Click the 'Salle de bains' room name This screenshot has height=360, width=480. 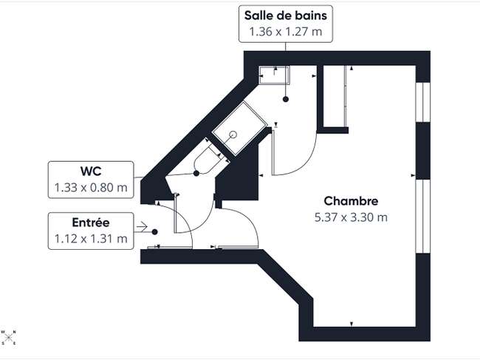click(x=285, y=16)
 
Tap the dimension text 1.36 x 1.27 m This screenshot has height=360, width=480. click(x=285, y=32)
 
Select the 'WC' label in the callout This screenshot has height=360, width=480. click(x=91, y=171)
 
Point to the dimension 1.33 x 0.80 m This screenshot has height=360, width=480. click(x=91, y=187)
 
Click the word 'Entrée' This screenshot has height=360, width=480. click(x=91, y=223)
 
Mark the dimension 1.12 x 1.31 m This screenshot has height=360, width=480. click(x=91, y=238)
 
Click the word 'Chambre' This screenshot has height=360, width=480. click(x=351, y=201)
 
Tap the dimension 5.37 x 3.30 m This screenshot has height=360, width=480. click(x=351, y=217)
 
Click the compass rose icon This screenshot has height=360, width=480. click(x=9, y=337)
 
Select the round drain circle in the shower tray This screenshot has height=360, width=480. click(x=233, y=135)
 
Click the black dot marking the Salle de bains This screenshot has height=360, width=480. click(x=286, y=99)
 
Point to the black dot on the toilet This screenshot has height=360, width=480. click(x=196, y=174)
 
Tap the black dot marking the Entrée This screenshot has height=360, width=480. click(x=155, y=232)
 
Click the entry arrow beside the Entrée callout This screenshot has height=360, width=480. click(x=142, y=227)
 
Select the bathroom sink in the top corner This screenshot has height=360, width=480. click(x=274, y=75)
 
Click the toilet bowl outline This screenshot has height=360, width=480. click(x=207, y=160)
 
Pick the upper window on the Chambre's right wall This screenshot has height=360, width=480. click(x=422, y=102)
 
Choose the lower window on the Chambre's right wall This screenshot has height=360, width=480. click(x=422, y=217)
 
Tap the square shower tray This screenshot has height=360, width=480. click(x=240, y=129)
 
